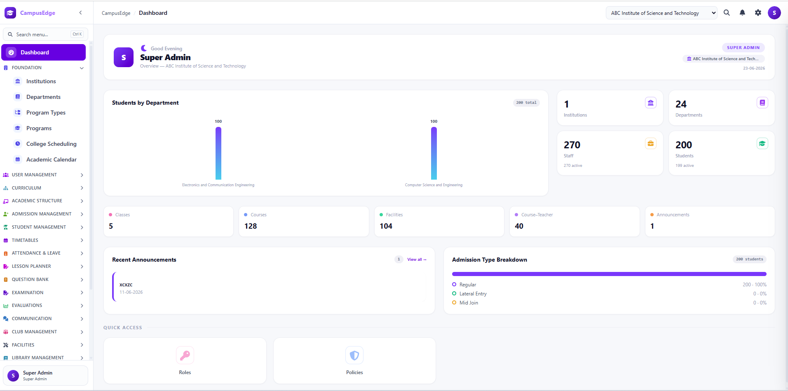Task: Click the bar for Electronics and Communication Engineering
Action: pos(218,153)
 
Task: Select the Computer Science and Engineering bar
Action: pos(434,153)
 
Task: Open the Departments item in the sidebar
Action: pos(43,97)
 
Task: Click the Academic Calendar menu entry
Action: pos(51,159)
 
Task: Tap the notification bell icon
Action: pos(742,13)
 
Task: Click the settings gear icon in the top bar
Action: pos(758,13)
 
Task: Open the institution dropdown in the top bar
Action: pos(661,13)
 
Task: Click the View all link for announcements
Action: pos(417,260)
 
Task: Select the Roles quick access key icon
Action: pos(185,355)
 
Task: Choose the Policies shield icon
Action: pos(354,355)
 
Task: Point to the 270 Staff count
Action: pos(572,145)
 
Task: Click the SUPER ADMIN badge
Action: pos(743,47)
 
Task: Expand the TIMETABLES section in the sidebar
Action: pos(43,240)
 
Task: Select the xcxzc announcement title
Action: pos(126,285)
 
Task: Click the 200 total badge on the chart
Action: pos(526,103)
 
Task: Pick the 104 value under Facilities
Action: pos(386,226)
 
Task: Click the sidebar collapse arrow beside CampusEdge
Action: pos(80,13)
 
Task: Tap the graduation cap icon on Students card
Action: pos(762,143)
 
